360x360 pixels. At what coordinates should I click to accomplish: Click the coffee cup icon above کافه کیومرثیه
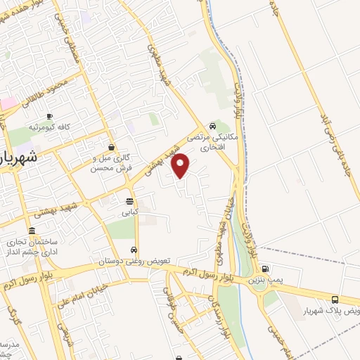[x=49, y=116]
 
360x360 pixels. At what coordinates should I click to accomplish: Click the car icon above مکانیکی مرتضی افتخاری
[x=213, y=127]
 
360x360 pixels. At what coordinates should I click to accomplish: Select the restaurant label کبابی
[x=129, y=210]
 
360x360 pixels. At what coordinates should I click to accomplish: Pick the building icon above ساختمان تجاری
[x=32, y=231]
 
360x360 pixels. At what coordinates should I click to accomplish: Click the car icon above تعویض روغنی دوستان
[x=134, y=250]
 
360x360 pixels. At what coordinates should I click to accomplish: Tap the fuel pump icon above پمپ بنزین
[x=264, y=269]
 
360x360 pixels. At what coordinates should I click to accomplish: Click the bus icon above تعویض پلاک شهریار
[x=335, y=299]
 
